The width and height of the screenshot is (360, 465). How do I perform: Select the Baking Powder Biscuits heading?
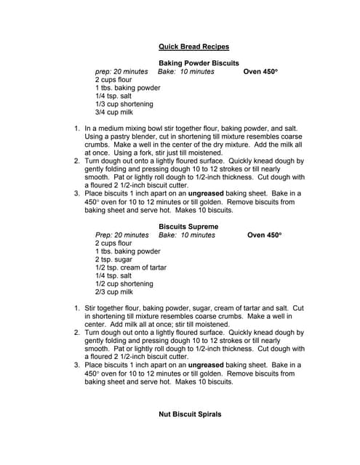tap(199, 63)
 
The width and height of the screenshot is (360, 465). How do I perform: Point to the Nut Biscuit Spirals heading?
tap(190, 414)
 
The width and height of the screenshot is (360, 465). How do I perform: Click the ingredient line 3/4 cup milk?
tap(114, 112)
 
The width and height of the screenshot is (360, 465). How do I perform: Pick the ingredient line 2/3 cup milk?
tap(114, 292)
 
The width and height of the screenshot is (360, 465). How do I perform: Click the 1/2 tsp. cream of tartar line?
tap(131, 267)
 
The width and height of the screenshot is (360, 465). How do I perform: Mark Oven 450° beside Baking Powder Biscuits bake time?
tap(260, 72)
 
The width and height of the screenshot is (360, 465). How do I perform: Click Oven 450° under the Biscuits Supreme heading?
tap(264, 235)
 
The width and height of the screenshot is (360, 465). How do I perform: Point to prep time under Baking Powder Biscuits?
tap(121, 72)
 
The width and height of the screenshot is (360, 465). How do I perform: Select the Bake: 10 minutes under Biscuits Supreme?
tap(187, 235)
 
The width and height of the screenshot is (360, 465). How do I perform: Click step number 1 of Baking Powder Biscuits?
tap(78, 128)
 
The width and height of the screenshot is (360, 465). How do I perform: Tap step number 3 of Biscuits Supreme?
tap(78, 365)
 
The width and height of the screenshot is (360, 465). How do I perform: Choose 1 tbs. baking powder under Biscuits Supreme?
tap(128, 251)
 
